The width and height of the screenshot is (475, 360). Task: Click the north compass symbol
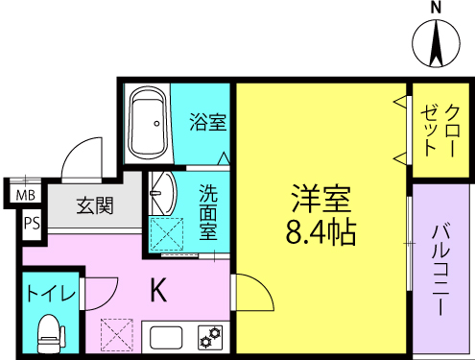[x=435, y=45]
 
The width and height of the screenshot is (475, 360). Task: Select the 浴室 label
[x=207, y=122]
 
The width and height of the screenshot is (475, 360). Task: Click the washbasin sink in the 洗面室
[x=160, y=195]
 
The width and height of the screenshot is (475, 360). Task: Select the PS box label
[x=32, y=226]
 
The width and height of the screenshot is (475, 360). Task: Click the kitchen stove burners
[x=210, y=337]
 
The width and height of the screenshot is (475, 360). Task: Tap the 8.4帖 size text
[x=321, y=231]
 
